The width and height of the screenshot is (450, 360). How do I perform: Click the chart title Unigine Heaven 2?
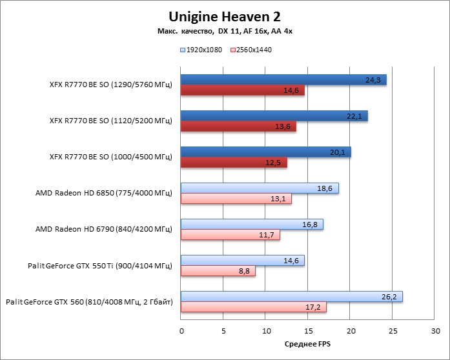[225, 15]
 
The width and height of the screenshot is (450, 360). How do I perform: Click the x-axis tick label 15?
[308, 332]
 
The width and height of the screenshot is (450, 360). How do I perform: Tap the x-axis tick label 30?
[435, 332]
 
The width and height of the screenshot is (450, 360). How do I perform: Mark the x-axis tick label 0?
[181, 332]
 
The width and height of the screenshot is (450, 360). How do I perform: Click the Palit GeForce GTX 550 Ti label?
[100, 265]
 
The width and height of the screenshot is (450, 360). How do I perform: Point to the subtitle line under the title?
[225, 32]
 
